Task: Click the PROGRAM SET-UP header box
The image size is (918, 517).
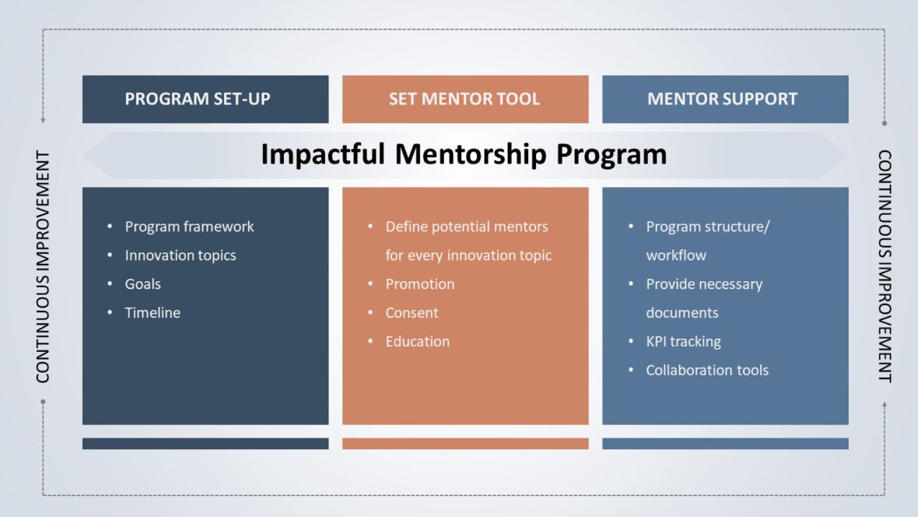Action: coord(205,99)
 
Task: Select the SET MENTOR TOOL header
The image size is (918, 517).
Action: coord(464,99)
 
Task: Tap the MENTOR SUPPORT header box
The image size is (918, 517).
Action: coord(724,99)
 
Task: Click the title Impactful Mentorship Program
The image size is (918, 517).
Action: coord(464,154)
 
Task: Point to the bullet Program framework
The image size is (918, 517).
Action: coord(189,227)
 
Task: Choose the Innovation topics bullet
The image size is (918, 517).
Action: coord(180,255)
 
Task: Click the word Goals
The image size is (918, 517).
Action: coord(142,284)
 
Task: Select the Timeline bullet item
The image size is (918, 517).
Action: coord(152,313)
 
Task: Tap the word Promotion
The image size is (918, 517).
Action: coord(419,284)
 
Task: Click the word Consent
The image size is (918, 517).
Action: coord(412,313)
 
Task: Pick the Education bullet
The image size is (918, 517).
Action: coord(417,342)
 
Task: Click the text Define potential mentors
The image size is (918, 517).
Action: coord(467,227)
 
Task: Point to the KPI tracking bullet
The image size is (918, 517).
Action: coord(683,342)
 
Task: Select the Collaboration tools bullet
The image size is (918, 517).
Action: coord(706,371)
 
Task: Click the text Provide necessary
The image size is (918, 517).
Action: coord(703,284)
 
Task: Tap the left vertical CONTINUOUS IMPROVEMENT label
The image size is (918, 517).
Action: coord(43,266)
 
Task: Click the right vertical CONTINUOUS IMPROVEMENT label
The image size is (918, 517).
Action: coord(885,266)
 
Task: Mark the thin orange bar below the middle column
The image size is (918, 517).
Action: coord(465,444)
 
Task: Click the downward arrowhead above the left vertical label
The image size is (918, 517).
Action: coord(43,121)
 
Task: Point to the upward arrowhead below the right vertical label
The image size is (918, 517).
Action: coord(885,405)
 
